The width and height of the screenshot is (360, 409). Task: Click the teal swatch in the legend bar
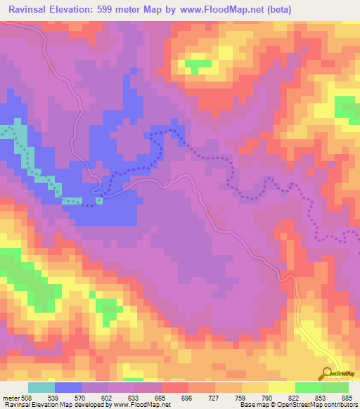tap(41, 387)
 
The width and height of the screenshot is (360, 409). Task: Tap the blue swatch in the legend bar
tap(68, 387)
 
